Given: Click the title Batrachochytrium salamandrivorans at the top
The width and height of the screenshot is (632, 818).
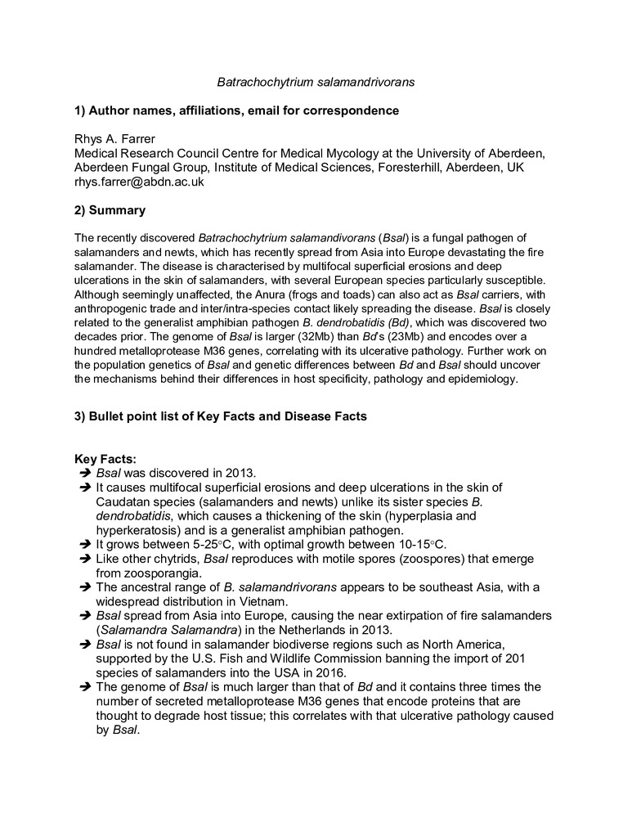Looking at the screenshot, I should point(316,83).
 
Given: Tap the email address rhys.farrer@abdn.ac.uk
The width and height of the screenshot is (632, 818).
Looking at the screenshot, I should point(139,182).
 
